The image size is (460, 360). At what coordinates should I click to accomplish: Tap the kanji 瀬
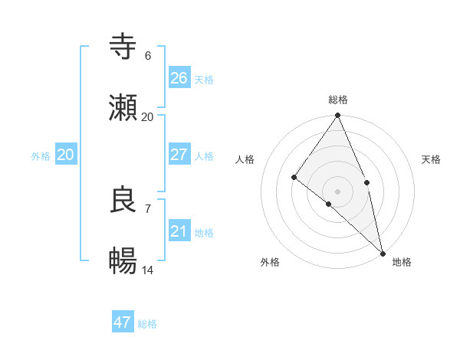[123, 108]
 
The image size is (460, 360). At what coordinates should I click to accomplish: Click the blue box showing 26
[179, 77]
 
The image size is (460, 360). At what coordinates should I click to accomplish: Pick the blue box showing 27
[179, 155]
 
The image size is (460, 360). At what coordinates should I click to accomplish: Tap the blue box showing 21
[179, 231]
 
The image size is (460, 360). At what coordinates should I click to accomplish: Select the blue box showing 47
[123, 322]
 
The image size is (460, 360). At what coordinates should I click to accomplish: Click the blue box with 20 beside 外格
[65, 155]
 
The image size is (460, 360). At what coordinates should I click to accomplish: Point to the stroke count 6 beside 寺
[147, 55]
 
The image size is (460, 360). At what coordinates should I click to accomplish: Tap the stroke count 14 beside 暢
[147, 270]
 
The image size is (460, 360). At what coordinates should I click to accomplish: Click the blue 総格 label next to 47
[148, 324]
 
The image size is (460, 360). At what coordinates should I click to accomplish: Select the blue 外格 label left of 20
[41, 156]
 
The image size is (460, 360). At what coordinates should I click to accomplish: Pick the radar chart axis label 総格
[338, 100]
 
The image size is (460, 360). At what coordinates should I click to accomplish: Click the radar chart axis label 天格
[431, 159]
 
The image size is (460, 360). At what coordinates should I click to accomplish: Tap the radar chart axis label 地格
[402, 262]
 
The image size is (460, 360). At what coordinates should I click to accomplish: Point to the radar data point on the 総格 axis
[338, 116]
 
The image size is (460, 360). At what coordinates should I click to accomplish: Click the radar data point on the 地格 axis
[383, 253]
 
